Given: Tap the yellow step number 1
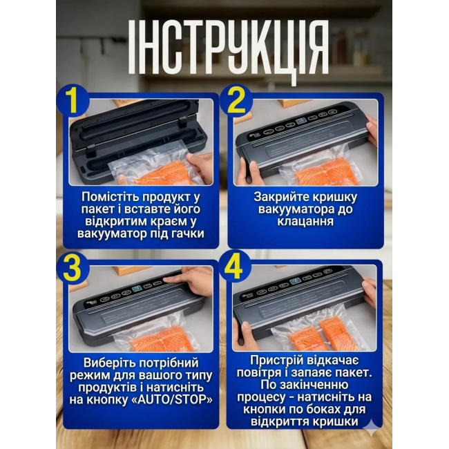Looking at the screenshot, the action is coord(73,100).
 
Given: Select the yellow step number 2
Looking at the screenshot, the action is coord(236,101).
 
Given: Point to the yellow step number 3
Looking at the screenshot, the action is coord(73,268).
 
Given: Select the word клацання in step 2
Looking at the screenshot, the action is coord(305,221).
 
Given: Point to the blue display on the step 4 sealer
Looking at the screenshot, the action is coord(294,283).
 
